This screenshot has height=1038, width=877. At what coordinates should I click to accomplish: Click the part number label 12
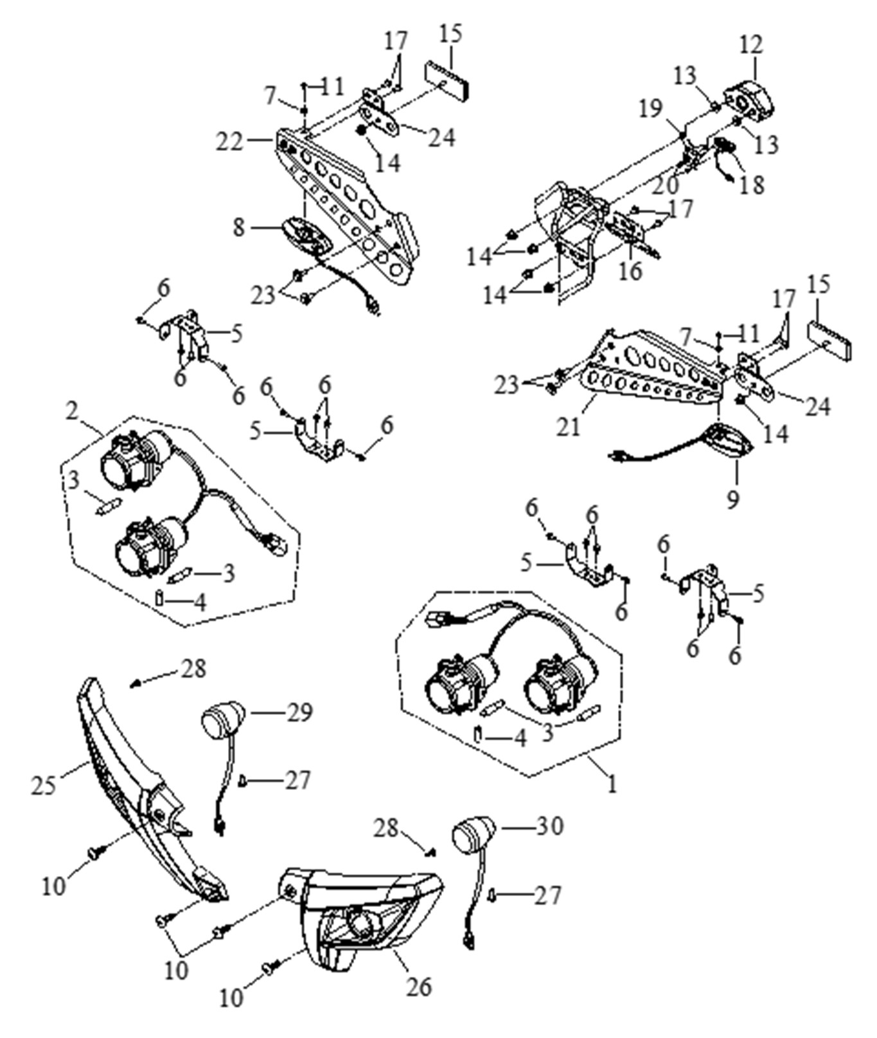751,45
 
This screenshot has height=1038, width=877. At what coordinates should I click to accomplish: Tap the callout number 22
229,141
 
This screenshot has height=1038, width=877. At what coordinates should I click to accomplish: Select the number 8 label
239,227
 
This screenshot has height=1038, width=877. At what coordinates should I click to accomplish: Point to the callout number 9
734,499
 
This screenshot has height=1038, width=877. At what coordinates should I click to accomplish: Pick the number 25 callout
44,785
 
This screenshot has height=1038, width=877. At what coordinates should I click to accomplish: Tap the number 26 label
418,986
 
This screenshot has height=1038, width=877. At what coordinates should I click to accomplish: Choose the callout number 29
299,712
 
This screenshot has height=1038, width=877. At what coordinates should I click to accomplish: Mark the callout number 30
549,825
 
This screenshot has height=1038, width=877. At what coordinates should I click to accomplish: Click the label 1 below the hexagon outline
612,784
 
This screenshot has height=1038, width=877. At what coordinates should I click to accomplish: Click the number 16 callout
630,270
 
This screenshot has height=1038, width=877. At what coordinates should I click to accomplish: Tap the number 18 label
752,186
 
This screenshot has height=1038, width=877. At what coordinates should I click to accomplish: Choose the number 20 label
665,185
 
